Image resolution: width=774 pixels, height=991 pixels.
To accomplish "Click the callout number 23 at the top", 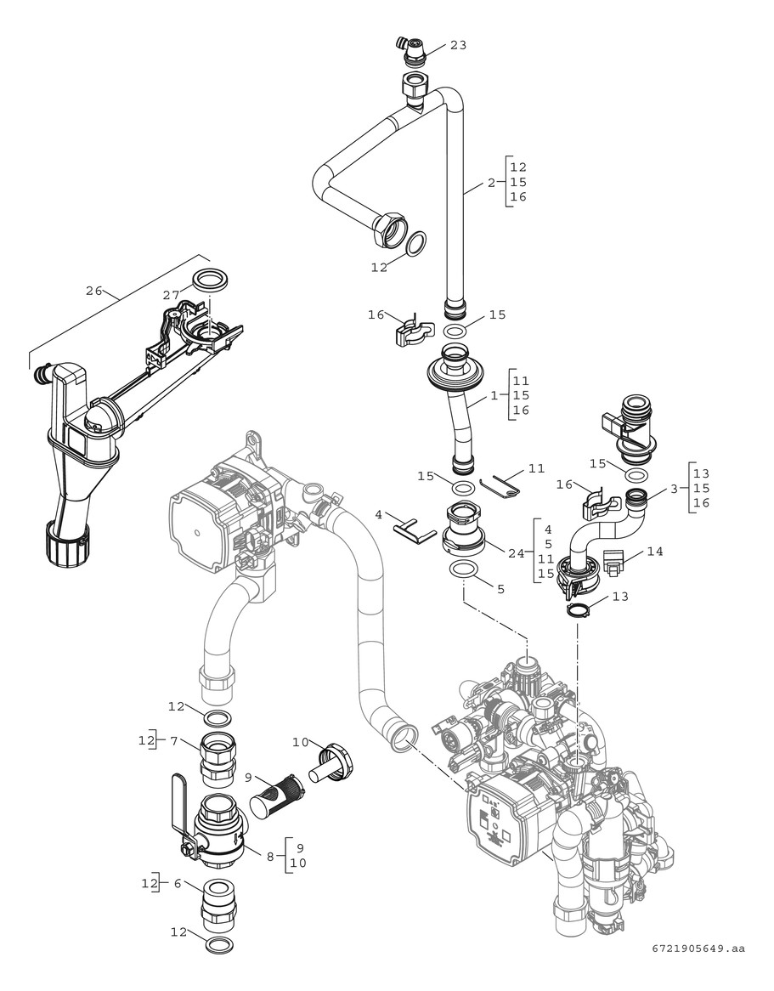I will pos(458,45).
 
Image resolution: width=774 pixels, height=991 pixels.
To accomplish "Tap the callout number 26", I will pos(94,291).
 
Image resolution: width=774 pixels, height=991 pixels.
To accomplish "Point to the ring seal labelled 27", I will pos(207,279).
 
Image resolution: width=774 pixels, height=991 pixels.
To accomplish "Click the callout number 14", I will pos(654,551).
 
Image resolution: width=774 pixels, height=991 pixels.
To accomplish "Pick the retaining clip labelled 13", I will pos(579,609).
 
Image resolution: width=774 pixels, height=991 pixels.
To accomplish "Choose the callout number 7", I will pos(173,741).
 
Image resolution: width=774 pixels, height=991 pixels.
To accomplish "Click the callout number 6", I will pos(178,884).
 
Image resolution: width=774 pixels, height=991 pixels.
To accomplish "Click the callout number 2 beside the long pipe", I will pos(491,183).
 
